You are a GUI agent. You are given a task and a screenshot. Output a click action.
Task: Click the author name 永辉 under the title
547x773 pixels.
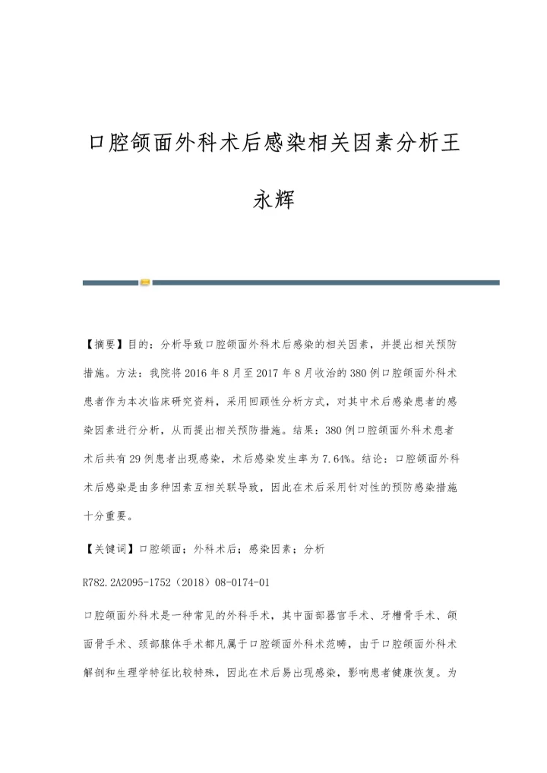[x=273, y=201]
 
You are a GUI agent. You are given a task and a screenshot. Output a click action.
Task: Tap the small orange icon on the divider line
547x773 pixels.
[x=145, y=282]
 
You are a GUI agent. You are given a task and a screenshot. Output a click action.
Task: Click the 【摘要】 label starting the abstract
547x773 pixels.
[x=103, y=344]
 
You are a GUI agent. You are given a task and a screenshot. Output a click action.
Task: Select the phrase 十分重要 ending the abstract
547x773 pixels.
[x=107, y=516]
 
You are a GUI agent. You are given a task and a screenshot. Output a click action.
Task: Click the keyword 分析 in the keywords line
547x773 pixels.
[x=314, y=548]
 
